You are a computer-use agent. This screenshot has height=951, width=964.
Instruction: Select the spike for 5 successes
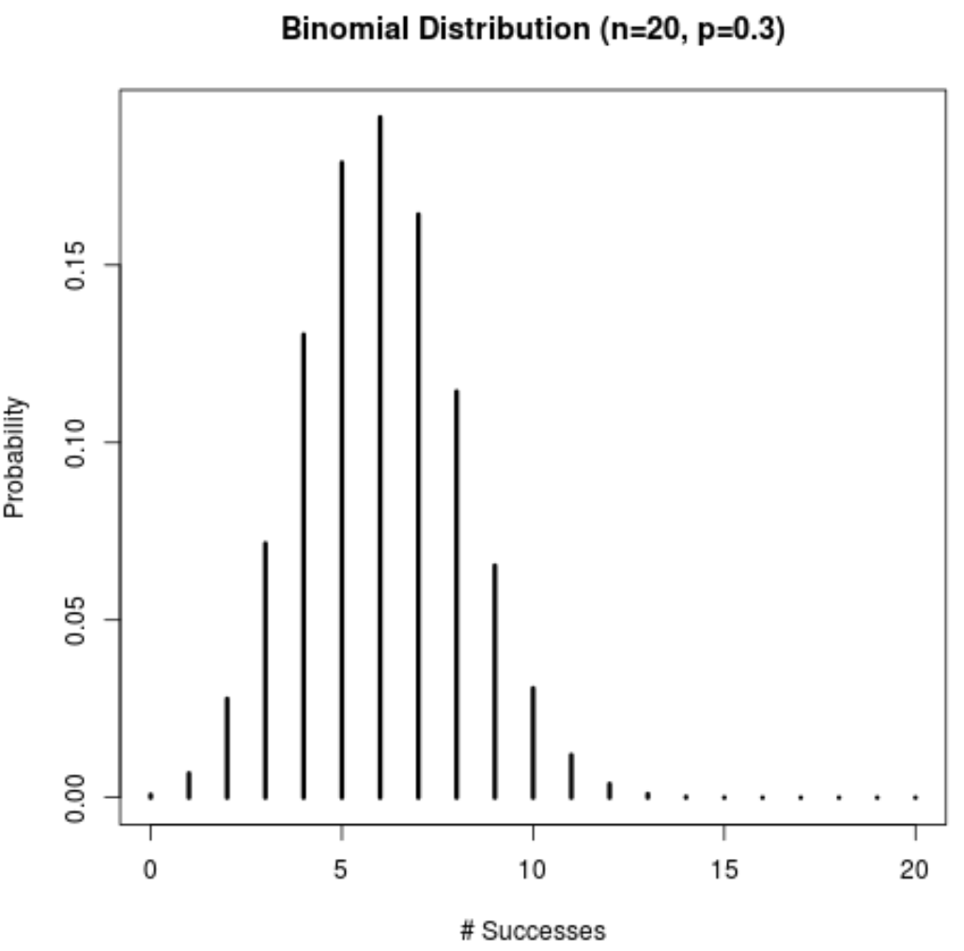point(342,479)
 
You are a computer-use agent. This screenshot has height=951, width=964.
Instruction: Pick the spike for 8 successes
point(457,593)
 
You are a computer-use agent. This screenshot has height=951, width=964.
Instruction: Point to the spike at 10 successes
point(533,741)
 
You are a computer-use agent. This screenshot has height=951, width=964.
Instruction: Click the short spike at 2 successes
point(227,747)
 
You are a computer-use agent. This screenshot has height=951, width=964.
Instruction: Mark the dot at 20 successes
point(915,797)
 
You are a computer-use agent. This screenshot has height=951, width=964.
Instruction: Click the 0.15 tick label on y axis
point(74,265)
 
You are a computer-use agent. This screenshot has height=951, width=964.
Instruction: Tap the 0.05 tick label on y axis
point(74,620)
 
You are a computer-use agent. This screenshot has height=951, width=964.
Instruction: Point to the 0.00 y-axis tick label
point(74,797)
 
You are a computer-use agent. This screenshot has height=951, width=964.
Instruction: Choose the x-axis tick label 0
point(150,869)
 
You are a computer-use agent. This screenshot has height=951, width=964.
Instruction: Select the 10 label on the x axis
point(533,869)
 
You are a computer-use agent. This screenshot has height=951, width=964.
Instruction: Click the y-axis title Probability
point(16,457)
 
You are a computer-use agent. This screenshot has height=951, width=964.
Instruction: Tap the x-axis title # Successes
point(533,931)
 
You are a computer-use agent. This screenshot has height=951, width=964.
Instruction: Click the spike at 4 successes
point(303,565)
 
